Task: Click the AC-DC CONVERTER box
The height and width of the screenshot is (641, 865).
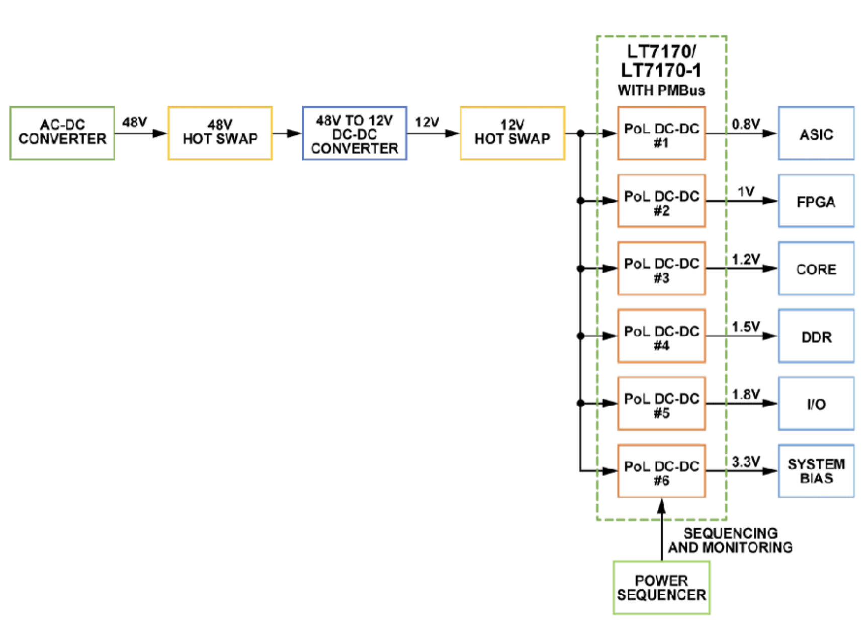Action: [62, 133]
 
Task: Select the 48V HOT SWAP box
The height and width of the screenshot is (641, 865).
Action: [220, 133]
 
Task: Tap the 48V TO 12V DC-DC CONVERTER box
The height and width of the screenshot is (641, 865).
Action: [354, 133]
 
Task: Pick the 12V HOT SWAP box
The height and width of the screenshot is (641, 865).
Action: [512, 133]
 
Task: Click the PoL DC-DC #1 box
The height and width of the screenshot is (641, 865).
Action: [661, 133]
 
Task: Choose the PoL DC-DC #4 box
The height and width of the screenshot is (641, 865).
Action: [661, 336]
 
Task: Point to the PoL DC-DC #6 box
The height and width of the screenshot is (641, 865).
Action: [661, 471]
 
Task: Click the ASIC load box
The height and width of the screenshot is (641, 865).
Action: [816, 133]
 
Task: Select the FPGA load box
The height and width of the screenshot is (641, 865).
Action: [816, 201]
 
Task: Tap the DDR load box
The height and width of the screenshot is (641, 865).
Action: [816, 336]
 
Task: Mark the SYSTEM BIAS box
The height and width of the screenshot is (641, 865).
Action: [816, 471]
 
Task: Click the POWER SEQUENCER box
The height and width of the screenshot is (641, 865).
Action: [661, 588]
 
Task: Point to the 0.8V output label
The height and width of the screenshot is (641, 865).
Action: [745, 124]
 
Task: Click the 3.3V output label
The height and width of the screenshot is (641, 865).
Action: [745, 461]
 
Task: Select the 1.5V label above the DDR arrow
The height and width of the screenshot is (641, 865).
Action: [745, 327]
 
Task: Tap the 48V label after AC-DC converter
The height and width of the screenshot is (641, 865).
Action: [134, 122]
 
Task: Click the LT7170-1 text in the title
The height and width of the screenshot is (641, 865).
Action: [661, 70]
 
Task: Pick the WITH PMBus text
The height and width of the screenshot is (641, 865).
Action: [661, 91]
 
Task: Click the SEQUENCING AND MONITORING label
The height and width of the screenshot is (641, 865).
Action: [730, 540]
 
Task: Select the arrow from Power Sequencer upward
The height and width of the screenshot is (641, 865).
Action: [661, 528]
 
